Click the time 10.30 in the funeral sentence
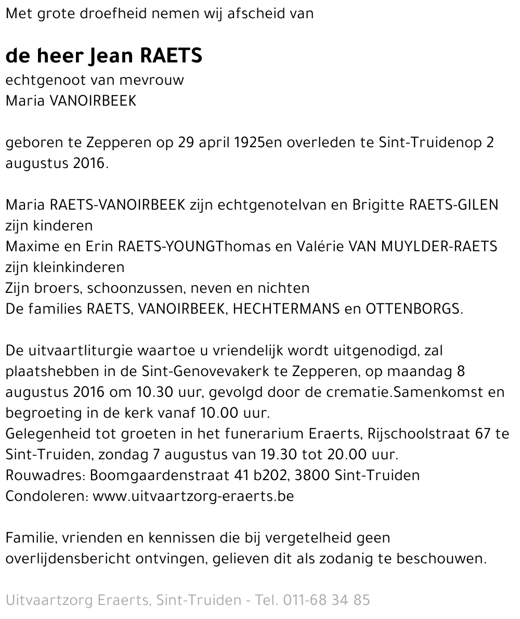[x=148, y=392]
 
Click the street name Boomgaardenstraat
[x=159, y=475]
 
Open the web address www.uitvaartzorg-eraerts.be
[x=193, y=496]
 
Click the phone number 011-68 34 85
[x=326, y=600]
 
